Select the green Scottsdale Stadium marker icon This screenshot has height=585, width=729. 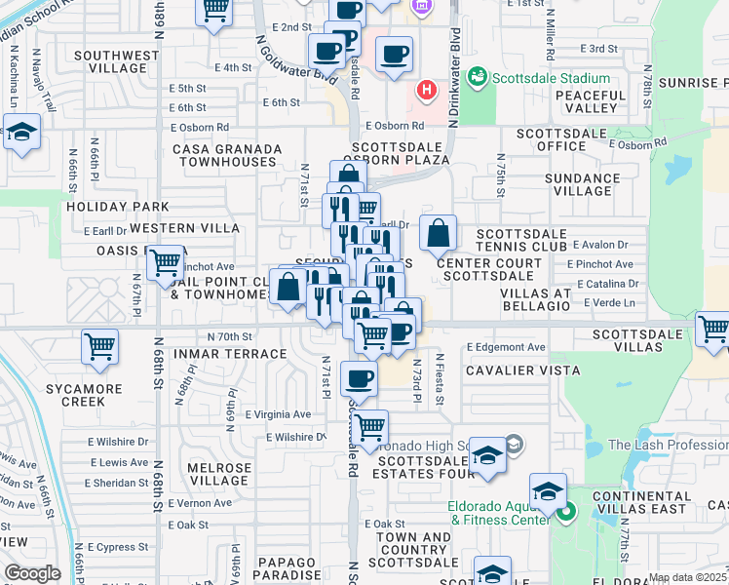477,75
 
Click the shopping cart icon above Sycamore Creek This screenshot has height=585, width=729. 100,346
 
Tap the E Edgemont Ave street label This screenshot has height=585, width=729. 506,347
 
